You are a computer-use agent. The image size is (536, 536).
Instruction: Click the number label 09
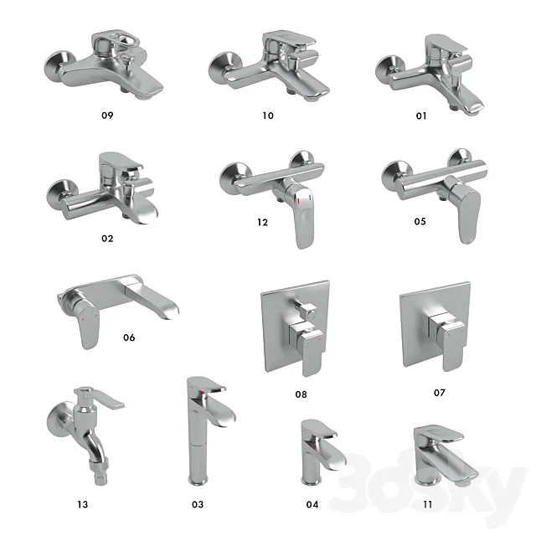(107, 115)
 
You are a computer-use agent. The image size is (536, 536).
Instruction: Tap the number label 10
(268, 115)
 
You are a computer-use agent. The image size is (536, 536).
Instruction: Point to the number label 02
(107, 238)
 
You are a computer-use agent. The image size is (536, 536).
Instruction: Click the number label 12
(263, 222)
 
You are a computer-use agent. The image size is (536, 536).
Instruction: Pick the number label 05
(420, 221)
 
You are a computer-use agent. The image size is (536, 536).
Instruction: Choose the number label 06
(129, 338)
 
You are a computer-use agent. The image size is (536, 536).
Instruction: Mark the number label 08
(301, 394)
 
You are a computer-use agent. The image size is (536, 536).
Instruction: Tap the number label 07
(440, 392)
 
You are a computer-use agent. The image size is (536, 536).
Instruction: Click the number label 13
(82, 504)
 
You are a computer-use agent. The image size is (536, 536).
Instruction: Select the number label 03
(198, 504)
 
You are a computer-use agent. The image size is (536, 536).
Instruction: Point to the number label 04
(312, 504)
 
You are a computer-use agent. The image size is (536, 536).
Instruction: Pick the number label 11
(428, 504)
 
